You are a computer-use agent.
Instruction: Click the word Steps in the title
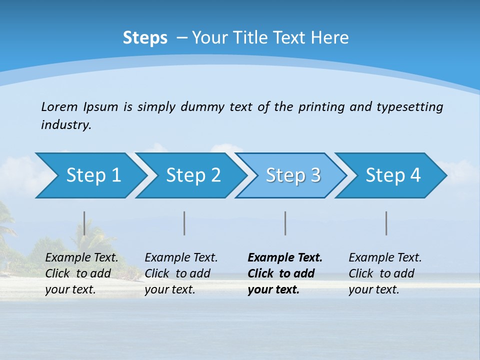point(145,38)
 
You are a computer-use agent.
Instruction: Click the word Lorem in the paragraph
point(59,106)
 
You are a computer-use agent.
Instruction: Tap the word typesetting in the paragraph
point(409,106)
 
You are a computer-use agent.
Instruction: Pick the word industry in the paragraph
point(66,124)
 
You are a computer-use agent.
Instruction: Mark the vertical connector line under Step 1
point(84,223)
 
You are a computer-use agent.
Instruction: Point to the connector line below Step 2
point(184,223)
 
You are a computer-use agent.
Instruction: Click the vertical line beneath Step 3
point(285,223)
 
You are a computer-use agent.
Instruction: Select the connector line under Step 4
point(386,223)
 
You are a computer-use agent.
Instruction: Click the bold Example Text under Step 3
point(285,258)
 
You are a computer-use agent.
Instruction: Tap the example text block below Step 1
point(81,273)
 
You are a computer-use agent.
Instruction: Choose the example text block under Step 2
point(181,273)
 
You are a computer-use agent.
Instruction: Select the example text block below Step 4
point(385,273)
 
